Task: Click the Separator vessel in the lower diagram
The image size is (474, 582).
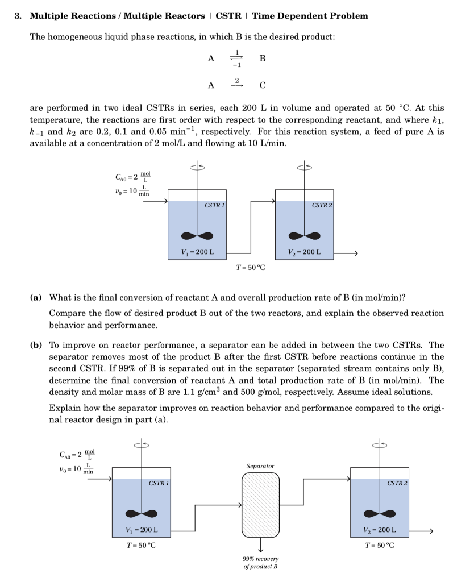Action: (x=261, y=506)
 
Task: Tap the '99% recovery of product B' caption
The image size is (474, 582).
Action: (x=261, y=563)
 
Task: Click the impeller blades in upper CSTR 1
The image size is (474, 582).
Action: (x=197, y=236)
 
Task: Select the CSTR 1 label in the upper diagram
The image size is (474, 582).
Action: (x=213, y=205)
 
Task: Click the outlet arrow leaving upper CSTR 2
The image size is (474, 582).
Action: (x=348, y=253)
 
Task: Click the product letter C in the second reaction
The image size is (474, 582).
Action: (x=262, y=86)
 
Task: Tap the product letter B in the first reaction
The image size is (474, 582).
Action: (x=262, y=58)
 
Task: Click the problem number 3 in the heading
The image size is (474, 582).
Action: (x=19, y=15)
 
